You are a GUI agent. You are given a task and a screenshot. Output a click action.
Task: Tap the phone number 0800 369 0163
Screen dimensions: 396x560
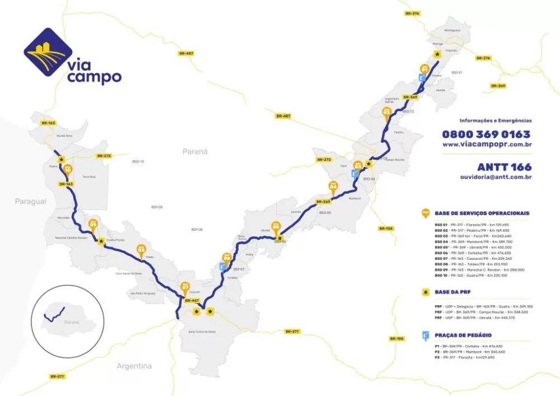(x=486, y=134)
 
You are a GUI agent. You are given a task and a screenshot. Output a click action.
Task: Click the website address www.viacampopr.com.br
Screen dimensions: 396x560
(x=487, y=145)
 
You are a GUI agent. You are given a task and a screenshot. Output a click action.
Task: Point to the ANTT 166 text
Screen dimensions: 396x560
(x=504, y=167)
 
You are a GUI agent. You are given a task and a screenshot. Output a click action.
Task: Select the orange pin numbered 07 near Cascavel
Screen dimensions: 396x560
(x=186, y=288)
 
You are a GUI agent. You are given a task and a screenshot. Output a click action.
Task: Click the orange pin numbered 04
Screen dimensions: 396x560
(x=334, y=185)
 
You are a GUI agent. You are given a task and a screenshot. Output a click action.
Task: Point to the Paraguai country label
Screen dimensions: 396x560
(x=31, y=201)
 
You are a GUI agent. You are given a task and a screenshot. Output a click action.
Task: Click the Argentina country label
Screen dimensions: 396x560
(x=134, y=366)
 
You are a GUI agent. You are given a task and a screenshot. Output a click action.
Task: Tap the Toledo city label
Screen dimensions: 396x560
(x=149, y=257)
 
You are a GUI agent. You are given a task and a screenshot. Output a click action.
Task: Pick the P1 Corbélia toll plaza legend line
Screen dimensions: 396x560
(x=468, y=346)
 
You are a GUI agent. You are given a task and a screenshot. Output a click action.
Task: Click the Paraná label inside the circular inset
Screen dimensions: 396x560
(x=71, y=322)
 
